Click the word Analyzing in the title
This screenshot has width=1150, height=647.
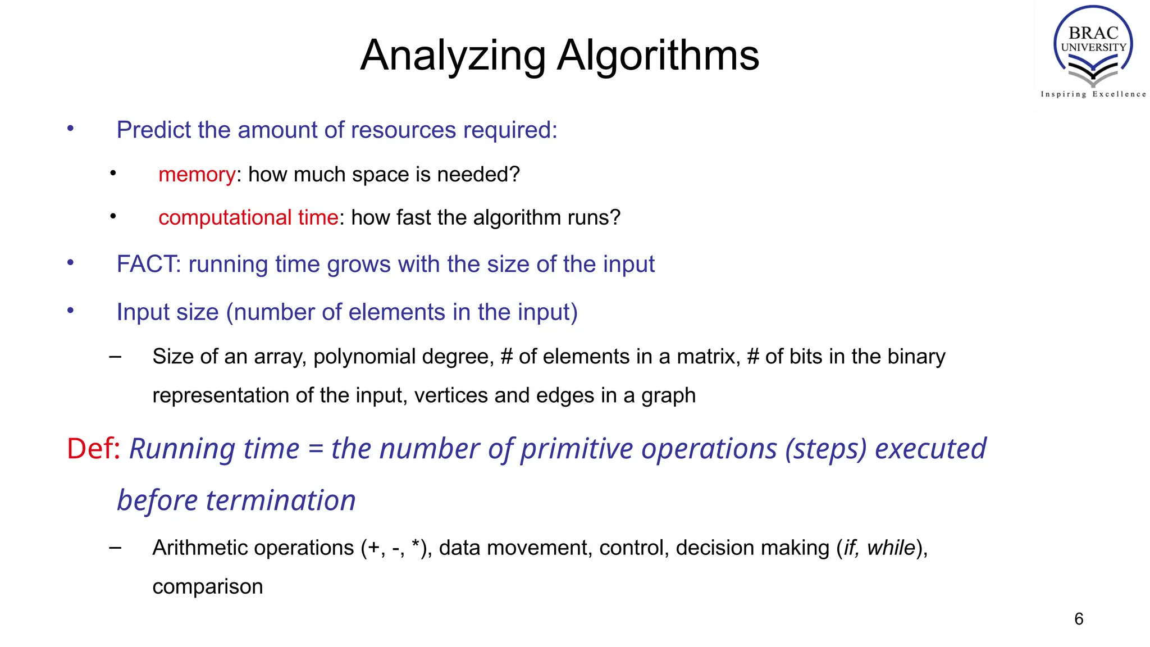point(453,56)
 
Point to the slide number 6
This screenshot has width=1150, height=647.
point(1079,619)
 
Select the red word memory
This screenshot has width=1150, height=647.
point(197,175)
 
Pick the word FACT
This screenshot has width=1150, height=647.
point(148,264)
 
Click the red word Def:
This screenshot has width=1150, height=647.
point(93,449)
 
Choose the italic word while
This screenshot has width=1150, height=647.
point(891,548)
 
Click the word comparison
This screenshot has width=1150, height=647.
point(208,586)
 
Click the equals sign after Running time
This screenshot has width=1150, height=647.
point(316,449)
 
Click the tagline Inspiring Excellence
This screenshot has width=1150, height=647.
point(1093,94)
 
